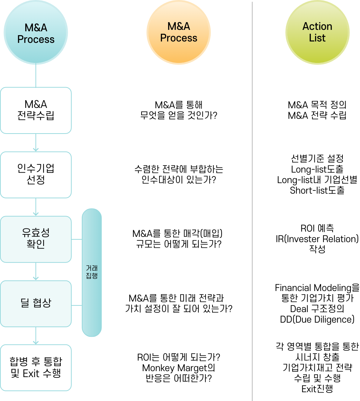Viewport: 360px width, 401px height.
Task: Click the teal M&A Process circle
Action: (36, 33)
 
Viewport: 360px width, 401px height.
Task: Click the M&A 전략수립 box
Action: (36, 110)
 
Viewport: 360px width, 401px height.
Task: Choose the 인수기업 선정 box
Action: (36, 175)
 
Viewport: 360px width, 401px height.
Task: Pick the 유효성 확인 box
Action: (36, 239)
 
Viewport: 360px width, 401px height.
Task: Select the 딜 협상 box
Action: (36, 303)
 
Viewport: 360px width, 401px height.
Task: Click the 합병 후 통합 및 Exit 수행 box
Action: (36, 368)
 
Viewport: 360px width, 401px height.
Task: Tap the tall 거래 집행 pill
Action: (92, 273)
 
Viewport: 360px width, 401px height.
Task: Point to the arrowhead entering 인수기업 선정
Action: (36, 149)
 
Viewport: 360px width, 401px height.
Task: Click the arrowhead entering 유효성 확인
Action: (36, 213)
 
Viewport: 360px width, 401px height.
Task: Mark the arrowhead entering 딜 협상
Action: (36, 277)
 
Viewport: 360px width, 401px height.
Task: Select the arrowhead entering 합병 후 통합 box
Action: (36, 342)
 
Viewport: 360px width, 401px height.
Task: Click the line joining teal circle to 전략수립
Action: (36, 76)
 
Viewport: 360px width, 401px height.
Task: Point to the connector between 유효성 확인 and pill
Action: (77, 240)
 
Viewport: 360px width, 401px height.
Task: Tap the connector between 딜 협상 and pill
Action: (77, 305)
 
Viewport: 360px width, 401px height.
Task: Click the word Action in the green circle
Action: (317, 26)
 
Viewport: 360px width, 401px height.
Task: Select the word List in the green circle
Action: (317, 38)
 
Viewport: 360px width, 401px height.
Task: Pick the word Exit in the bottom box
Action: (31, 374)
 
